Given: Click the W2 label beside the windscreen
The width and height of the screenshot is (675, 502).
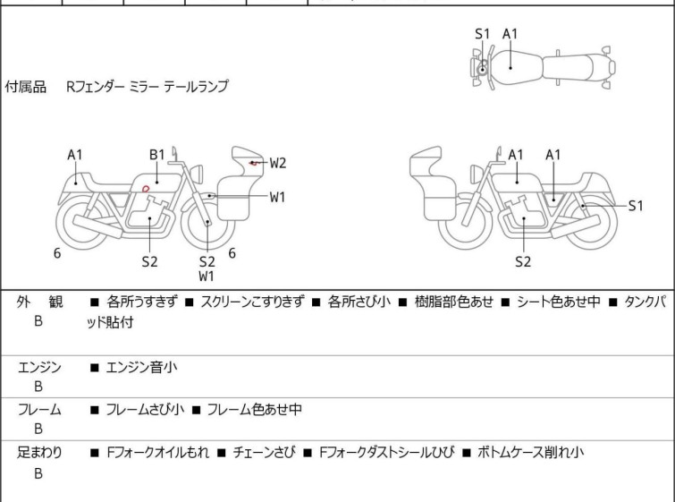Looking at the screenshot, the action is coord(278,163).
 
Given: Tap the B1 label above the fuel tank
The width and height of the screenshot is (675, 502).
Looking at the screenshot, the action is coord(157,154).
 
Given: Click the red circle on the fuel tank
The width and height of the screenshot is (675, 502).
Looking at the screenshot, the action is coord(146,188).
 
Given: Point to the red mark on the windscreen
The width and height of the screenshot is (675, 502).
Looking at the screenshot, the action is coord(254,164).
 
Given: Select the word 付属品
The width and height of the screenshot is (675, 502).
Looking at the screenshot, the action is coord(25,87).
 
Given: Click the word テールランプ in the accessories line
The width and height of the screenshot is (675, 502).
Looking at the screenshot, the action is coord(196,87).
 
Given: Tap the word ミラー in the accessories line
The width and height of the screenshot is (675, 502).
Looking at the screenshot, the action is coord(144,87).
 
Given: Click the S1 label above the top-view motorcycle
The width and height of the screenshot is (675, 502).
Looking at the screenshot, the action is coord(483,34).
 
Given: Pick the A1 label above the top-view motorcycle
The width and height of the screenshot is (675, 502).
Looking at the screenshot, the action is coord(510,34).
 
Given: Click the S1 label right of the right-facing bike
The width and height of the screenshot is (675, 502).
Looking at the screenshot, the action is coord(636,206).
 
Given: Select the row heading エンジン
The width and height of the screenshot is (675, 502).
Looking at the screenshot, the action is coord(39,368).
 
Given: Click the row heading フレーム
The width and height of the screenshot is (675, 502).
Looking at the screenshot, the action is coord(39,409).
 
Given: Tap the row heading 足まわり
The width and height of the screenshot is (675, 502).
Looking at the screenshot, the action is coord(39,453).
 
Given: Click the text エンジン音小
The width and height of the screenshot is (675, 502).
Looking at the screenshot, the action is coord(141,367).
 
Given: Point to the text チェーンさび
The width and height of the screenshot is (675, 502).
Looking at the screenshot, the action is coord(265,453).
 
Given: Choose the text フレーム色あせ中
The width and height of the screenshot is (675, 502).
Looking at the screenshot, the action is coord(255,409).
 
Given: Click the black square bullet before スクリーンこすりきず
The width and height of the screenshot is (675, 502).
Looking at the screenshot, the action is coord(189,302).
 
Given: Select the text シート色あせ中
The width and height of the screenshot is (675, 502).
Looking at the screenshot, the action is coord(558,302).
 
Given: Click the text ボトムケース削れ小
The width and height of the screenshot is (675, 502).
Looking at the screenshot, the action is coord(530,453).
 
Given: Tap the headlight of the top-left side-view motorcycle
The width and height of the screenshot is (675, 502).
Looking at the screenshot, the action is coord(197,174).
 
